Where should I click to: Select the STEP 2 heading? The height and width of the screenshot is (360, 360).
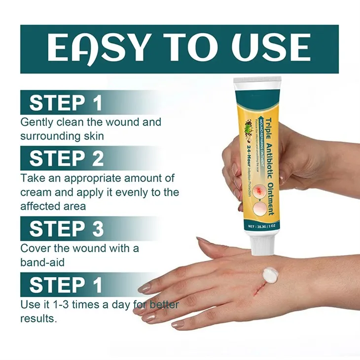[x=66, y=158]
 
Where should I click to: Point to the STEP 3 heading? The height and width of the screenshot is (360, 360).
[x=66, y=229]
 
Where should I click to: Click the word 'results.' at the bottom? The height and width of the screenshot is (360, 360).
[x=38, y=318]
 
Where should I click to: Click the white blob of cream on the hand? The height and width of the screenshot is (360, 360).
[x=270, y=274]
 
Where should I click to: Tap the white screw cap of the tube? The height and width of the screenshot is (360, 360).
[x=261, y=243]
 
